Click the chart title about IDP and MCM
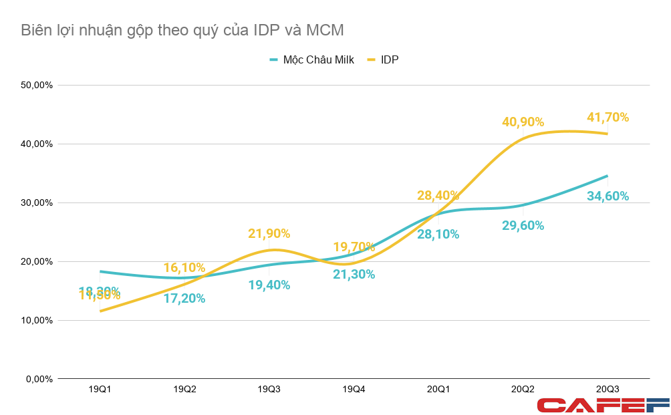pos(182,30)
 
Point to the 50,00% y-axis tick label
pos(37,85)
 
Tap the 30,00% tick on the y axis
pos(37,202)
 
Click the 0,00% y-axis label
pos(39,379)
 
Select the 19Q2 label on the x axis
pos(184,389)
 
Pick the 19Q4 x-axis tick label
pos(353,389)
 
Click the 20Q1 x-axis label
pos(438,389)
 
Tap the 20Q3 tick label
pos(607,389)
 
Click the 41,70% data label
pos(608,117)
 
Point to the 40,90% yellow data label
pos(523,122)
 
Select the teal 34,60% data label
pos(608,196)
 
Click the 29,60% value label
pos(523,226)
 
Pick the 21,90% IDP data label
pos(269,234)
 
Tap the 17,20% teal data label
pos(184,299)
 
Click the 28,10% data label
pos(438,234)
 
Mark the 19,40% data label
pos(269,285)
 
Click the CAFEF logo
pos(603,404)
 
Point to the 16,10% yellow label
pos(184,268)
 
